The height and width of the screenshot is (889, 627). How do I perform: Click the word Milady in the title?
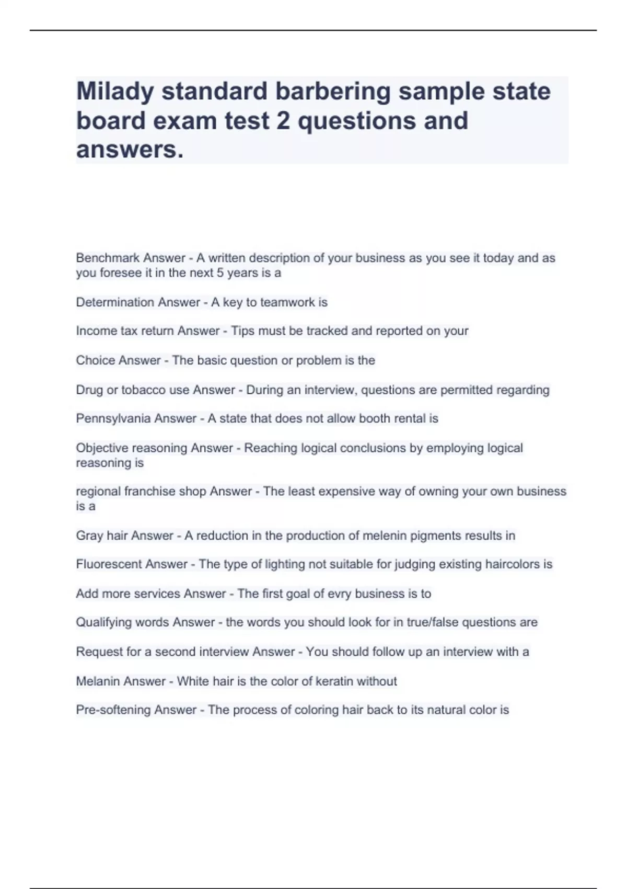point(115,92)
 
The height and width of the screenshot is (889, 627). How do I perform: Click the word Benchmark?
point(108,258)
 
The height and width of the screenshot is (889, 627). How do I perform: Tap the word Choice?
point(92,360)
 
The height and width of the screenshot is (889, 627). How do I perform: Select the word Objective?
point(102,448)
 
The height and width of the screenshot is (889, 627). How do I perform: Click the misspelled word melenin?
point(385,535)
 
